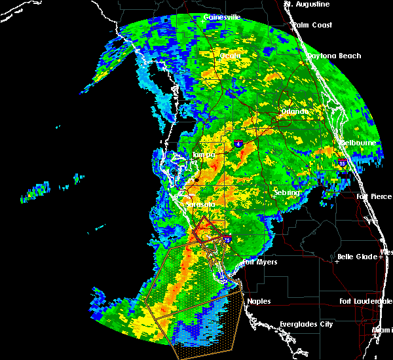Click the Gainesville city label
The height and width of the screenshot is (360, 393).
pyautogui.click(x=222, y=17)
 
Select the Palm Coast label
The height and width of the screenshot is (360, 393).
pyautogui.click(x=312, y=25)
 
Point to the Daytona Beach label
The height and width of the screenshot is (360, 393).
pyautogui.click(x=334, y=56)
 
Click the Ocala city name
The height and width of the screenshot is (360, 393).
pyautogui.click(x=230, y=56)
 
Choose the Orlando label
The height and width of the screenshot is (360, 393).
pyautogui.click(x=294, y=111)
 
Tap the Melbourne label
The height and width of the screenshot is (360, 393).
pyautogui.click(x=359, y=143)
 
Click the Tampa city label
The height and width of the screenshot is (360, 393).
pyautogui.click(x=204, y=155)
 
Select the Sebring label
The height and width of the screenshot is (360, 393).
pyautogui.click(x=286, y=193)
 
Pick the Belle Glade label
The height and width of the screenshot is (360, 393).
pyautogui.click(x=357, y=257)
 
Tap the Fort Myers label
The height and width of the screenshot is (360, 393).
pyautogui.click(x=260, y=262)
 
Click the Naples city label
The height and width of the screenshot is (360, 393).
pyautogui.click(x=258, y=302)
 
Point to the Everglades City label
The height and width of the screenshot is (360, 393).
pyautogui.click(x=306, y=324)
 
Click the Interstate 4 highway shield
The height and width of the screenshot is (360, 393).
pyautogui.click(x=239, y=143)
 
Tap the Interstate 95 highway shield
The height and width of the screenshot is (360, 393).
pyautogui.click(x=343, y=162)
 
